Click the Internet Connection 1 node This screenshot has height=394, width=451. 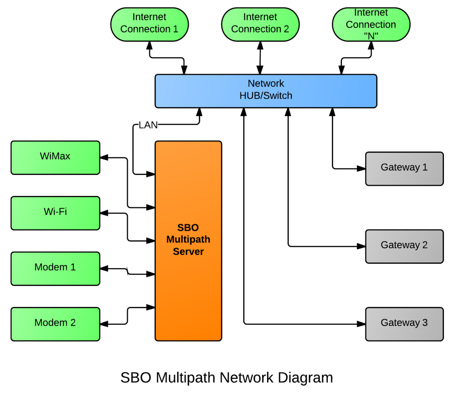(x=149, y=24)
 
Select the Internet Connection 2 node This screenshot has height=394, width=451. (x=260, y=24)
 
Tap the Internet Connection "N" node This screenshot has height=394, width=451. (x=371, y=24)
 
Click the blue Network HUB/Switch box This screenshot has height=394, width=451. (x=266, y=91)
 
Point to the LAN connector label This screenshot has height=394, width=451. (x=148, y=125)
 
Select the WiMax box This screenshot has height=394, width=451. (x=55, y=158)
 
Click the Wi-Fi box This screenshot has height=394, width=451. (x=55, y=213)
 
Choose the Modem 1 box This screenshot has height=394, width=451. (x=55, y=269)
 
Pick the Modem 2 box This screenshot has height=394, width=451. (x=55, y=324)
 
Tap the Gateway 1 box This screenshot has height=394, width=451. (x=404, y=169)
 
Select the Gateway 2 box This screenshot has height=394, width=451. (x=404, y=246)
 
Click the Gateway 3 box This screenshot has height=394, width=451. (x=404, y=324)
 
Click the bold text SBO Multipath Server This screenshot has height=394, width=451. (x=188, y=239)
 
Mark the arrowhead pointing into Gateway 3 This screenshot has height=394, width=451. (x=361, y=324)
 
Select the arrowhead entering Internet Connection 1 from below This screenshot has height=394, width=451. (x=150, y=46)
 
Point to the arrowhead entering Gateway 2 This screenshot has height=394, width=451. (x=361, y=246)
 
